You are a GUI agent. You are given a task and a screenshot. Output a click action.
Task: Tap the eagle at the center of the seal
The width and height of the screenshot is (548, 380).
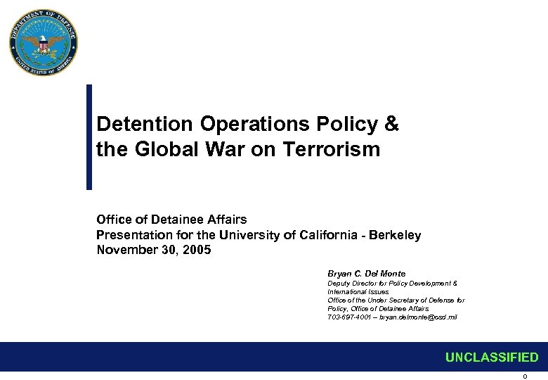point(44,44)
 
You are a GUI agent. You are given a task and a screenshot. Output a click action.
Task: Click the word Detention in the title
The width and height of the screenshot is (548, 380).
point(144,125)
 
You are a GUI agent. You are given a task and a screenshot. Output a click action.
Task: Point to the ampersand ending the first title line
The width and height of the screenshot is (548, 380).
point(392,125)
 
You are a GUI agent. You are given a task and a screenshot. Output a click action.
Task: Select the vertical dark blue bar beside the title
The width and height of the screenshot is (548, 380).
point(89,137)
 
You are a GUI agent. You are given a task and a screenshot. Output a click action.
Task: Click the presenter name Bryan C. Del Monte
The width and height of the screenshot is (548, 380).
point(366,274)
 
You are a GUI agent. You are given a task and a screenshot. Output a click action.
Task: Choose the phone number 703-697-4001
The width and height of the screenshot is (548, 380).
point(347,317)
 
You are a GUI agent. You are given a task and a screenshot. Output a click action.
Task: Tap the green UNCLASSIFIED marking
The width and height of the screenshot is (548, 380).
point(491,357)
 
